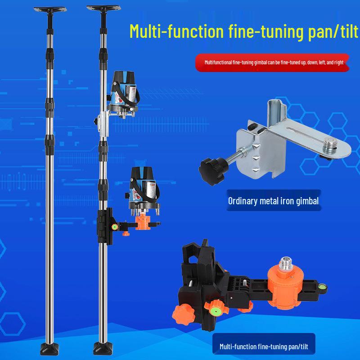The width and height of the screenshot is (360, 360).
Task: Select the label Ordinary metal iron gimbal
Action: [273, 201]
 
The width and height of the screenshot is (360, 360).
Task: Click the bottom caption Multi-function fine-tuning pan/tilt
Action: [267, 346]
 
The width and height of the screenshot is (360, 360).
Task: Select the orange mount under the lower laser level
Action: [143, 221]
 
